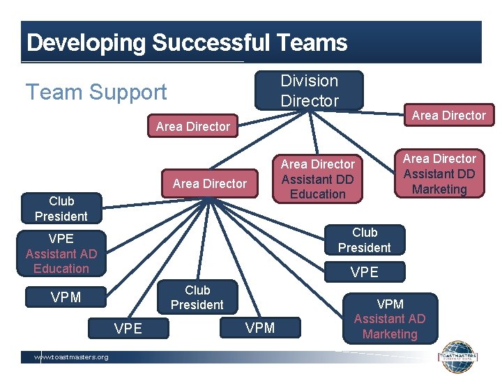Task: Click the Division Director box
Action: [x=309, y=91]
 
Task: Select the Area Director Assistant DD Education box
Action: [x=317, y=179]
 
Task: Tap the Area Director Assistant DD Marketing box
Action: [x=439, y=174]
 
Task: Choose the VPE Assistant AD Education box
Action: [x=61, y=253]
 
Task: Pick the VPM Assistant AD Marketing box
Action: [x=390, y=319]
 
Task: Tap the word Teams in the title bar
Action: [x=312, y=43]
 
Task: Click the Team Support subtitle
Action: [x=96, y=92]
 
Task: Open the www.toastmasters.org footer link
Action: [x=72, y=357]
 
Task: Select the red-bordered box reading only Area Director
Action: [x=448, y=116]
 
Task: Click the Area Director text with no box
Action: [x=193, y=127]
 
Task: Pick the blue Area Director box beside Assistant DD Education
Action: [x=210, y=184]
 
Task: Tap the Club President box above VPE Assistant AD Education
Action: [x=61, y=209]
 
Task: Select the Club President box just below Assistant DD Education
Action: [x=364, y=240]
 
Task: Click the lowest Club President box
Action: [x=197, y=297]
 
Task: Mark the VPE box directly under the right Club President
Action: [x=364, y=272]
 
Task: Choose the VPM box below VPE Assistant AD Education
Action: [x=66, y=297]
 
